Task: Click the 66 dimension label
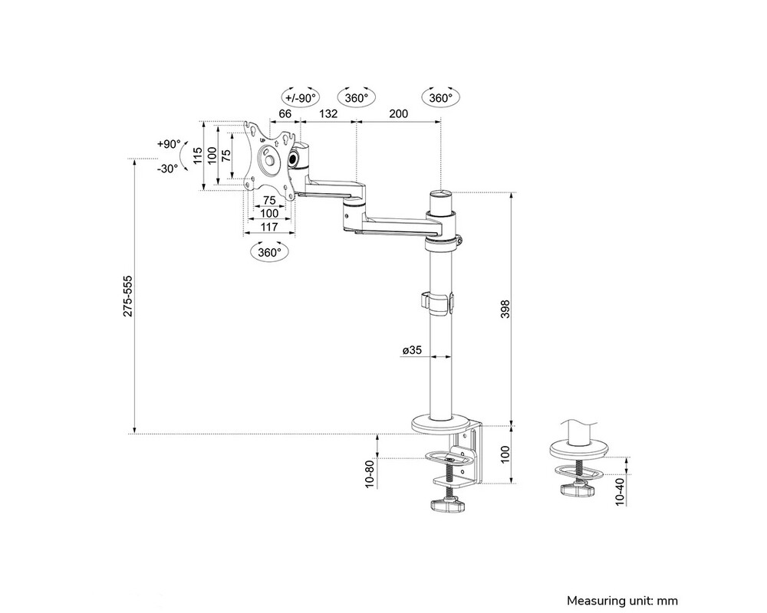pyautogui.click(x=285, y=113)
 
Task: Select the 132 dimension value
pyautogui.click(x=328, y=113)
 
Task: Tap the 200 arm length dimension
pyautogui.click(x=398, y=113)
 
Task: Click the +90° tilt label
pyautogui.click(x=167, y=143)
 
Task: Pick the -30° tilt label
pyautogui.click(x=167, y=168)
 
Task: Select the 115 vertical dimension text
pyautogui.click(x=197, y=156)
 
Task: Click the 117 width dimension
pyautogui.click(x=268, y=226)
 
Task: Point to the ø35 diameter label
pyautogui.click(x=412, y=350)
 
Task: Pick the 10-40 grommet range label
pyautogui.click(x=619, y=488)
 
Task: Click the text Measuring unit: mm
pyautogui.click(x=623, y=600)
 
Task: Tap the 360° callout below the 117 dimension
pyautogui.click(x=269, y=251)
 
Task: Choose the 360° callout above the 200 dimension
pyautogui.click(x=439, y=98)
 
